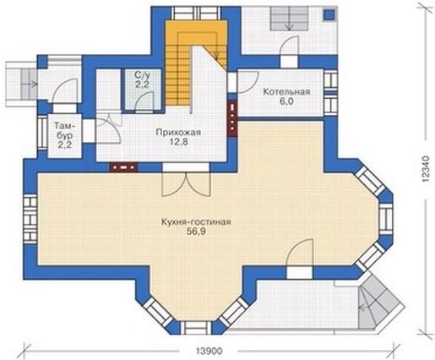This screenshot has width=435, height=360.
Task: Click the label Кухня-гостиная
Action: pyautogui.click(x=196, y=222)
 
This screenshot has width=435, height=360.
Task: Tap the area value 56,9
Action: pyautogui.click(x=196, y=232)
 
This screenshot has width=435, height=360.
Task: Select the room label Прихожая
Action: pyautogui.click(x=178, y=133)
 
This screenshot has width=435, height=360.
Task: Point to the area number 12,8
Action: pyautogui.click(x=178, y=142)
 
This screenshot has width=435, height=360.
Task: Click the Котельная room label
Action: pyautogui.click(x=286, y=92)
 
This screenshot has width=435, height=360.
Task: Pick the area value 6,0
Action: pyautogui.click(x=286, y=101)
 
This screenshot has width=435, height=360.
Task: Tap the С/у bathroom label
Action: pyautogui.click(x=142, y=75)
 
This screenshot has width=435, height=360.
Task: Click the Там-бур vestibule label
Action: pyautogui.click(x=65, y=130)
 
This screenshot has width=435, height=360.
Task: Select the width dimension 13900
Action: pyautogui.click(x=209, y=352)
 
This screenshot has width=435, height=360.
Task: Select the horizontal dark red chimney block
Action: pyautogui.click(x=124, y=167)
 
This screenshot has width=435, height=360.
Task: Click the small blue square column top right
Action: pyautogui.click(x=329, y=14)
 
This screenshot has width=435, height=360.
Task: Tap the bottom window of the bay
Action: pyautogui.click(x=195, y=327)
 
